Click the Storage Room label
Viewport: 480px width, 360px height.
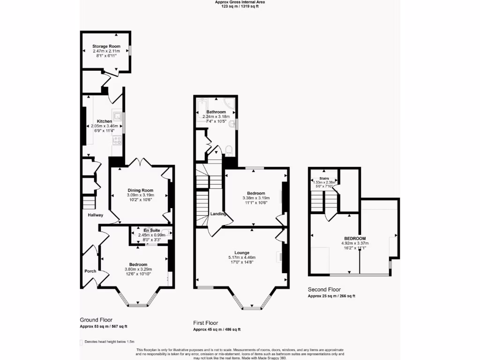pos(106,46)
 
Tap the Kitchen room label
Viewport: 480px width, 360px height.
pos(104,121)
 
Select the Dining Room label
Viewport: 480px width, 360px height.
pos(141,190)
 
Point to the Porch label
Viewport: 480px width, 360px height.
pos(90,271)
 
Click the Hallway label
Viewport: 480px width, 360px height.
pos(95,215)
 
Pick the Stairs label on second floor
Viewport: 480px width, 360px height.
pos(324,179)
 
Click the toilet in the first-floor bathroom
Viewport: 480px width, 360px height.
pos(229,150)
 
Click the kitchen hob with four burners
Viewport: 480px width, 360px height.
pos(117,140)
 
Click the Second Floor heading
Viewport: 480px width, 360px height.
pos(324,290)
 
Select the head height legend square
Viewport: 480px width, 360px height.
pos(82,342)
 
